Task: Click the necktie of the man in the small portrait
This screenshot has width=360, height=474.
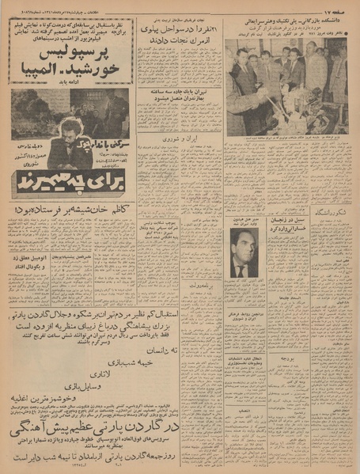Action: pos(241,270)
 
